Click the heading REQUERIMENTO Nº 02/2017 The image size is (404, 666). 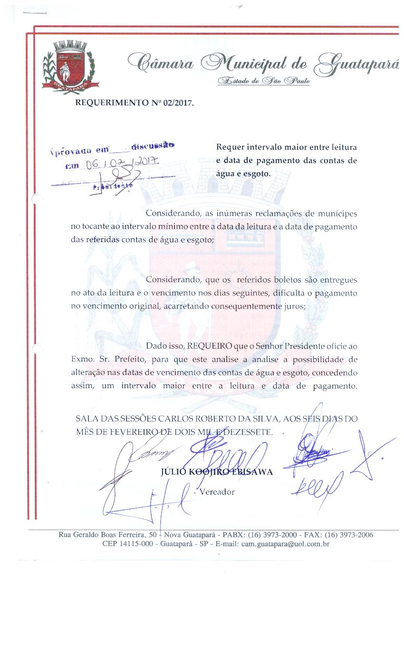[x=135, y=102]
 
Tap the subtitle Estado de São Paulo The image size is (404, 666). [x=264, y=81]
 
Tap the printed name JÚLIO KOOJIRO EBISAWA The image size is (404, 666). [x=217, y=472]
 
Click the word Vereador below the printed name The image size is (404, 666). [x=217, y=492]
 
